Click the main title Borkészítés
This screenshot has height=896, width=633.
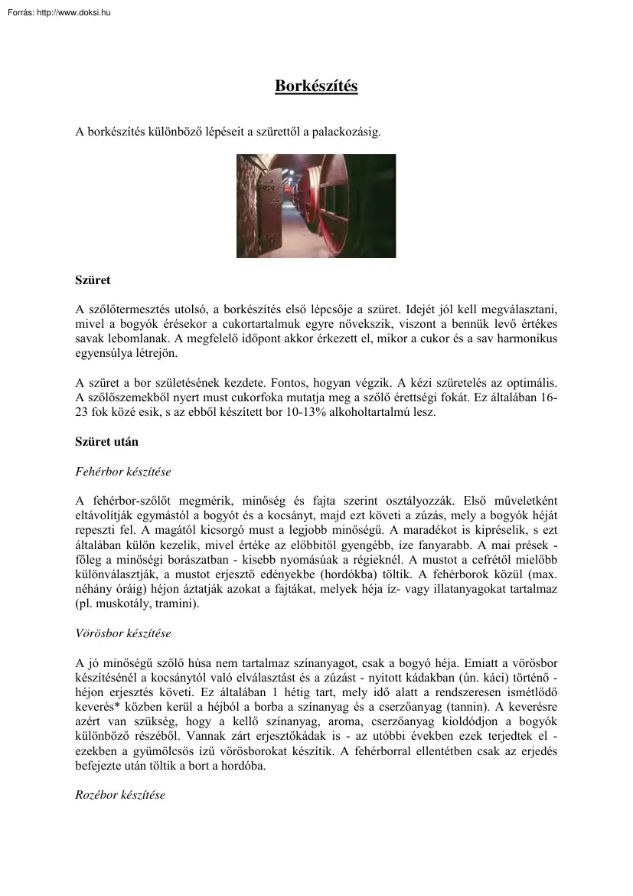[x=316, y=86]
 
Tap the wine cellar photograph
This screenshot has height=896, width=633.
[x=316, y=205]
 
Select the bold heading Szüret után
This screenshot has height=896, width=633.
[x=106, y=442]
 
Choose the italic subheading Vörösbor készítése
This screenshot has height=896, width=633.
[x=123, y=633]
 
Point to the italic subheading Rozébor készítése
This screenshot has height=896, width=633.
[x=120, y=795]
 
